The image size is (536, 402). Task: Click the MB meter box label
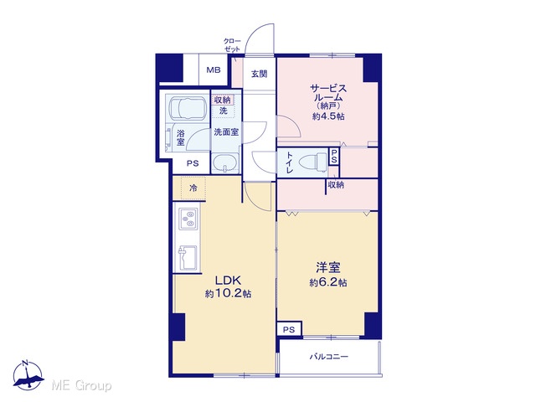pos(214,70)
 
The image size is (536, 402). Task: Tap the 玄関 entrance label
pos(259,74)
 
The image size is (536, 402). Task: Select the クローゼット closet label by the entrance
pos(232,44)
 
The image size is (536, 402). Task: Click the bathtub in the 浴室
pos(188,107)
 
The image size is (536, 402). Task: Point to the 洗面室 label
pos(226,132)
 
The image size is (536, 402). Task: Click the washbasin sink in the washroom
pos(225,163)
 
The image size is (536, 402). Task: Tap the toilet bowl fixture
pos(312,161)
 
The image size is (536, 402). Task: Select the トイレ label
pos(289,162)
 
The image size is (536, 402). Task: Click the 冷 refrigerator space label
pos(193,188)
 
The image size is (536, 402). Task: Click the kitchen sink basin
pos(188,257)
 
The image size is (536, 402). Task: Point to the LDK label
pos(228,281)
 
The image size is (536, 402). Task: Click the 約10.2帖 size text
pos(228,294)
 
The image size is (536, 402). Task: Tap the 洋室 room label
pos(327,267)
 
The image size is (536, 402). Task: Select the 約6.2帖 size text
pos(328,283)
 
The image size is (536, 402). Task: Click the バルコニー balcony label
pos(329,357)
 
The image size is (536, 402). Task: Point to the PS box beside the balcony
pos(289,329)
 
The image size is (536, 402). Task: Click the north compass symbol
pos(28,375)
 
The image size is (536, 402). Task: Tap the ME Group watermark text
pos(81,385)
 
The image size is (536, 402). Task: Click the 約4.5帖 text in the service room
pos(328,116)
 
